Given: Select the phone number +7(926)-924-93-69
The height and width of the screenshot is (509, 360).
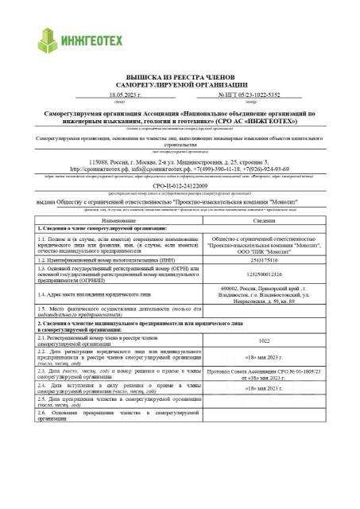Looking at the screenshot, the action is (x=272, y=169).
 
